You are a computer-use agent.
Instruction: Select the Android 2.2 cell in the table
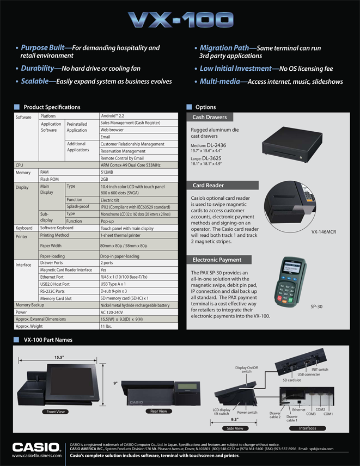[113, 116]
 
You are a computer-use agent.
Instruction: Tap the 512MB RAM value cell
[108, 172]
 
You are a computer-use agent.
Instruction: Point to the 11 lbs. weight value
[107, 326]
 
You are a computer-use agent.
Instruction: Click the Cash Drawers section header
[210, 117]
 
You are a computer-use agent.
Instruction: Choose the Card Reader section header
[208, 186]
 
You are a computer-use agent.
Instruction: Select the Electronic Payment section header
[217, 260]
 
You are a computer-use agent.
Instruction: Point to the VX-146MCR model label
[324, 231]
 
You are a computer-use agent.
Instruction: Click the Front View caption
[57, 412]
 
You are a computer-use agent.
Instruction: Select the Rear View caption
[158, 411]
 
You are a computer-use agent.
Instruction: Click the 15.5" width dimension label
[59, 357]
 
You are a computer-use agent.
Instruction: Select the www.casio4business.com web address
[35, 455]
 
